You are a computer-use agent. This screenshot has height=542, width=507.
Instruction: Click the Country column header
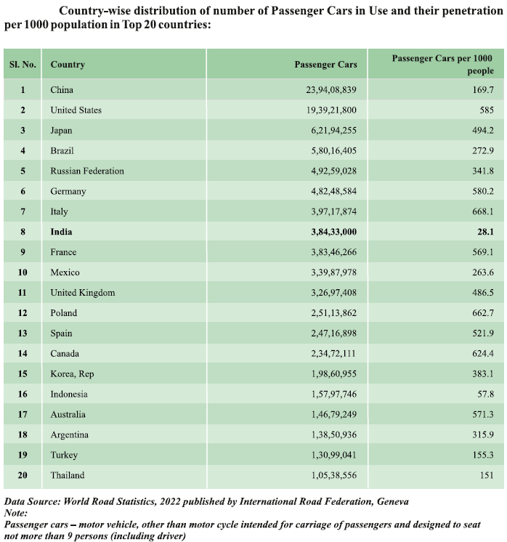(68, 65)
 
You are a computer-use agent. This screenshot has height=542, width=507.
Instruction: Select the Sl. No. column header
(23, 65)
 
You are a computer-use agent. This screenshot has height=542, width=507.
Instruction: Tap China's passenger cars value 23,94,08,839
(326, 90)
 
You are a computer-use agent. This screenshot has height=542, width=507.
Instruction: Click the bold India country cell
(62, 232)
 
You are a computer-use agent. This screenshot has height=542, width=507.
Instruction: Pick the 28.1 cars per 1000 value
(484, 232)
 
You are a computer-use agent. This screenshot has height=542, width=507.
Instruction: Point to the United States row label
(76, 110)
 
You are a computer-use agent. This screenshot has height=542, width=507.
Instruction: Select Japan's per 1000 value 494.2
(482, 131)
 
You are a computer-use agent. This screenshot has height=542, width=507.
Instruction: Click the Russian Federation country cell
(87, 171)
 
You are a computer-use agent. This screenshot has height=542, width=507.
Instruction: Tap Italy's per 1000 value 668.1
(482, 211)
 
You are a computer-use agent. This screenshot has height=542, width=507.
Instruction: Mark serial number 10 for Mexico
(23, 272)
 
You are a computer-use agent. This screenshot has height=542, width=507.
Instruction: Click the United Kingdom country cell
(83, 293)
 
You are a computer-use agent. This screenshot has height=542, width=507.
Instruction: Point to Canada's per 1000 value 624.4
(482, 354)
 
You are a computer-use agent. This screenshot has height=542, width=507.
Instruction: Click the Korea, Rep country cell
(72, 374)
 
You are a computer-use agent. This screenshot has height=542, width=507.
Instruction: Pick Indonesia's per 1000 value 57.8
(484, 395)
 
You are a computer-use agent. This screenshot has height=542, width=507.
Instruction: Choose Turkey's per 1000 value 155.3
(482, 456)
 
